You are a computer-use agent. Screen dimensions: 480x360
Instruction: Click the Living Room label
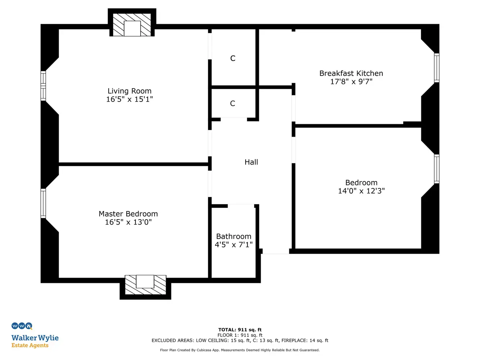point(129,91)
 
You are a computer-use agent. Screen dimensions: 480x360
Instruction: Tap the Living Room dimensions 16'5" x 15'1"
point(129,99)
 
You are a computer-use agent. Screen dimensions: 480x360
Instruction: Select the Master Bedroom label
point(128,213)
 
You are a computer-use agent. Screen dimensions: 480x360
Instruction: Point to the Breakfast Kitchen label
point(351,73)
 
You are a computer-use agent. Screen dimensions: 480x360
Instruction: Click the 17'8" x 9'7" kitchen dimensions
point(351,81)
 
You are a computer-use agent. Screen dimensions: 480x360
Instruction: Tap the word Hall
point(251,162)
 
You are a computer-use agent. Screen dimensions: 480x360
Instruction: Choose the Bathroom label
point(234,236)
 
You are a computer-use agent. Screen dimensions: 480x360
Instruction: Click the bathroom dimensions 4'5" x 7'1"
point(234,244)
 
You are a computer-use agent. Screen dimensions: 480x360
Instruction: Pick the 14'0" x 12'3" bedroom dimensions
point(361,191)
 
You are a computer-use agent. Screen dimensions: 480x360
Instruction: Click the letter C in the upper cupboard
point(233,58)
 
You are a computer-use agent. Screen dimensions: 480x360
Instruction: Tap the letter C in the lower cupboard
point(233,103)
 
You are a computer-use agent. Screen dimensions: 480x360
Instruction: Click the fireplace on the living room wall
point(132,25)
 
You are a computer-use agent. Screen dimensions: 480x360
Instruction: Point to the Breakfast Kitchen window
point(436,68)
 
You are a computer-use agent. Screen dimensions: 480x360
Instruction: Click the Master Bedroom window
point(43,203)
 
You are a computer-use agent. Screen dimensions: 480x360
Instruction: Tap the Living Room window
point(43,86)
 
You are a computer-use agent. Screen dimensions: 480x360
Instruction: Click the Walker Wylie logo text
point(35,338)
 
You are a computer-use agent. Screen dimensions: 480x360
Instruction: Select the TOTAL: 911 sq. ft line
point(240,330)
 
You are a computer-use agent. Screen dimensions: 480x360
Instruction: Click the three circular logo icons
point(22,326)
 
